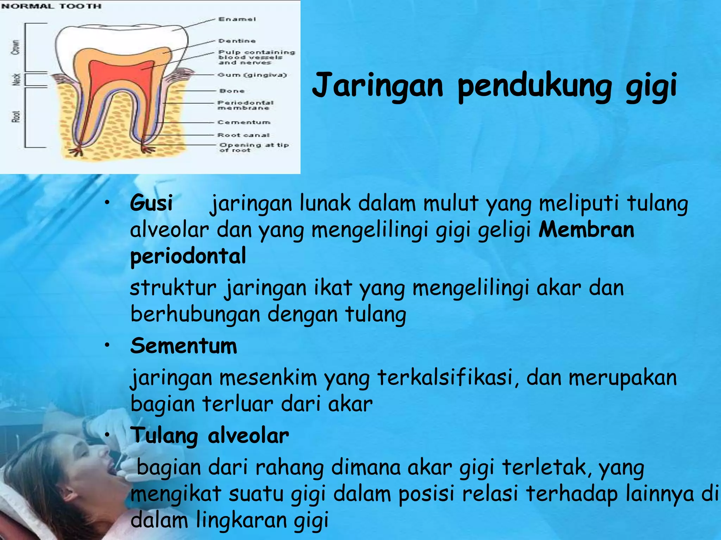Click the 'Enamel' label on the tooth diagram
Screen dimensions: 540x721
point(237,19)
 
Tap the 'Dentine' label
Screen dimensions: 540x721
point(237,41)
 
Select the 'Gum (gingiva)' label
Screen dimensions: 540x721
point(252,75)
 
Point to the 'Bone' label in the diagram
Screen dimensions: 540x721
point(232,91)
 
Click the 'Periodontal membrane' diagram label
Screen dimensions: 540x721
point(245,105)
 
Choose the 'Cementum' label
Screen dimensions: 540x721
point(244,122)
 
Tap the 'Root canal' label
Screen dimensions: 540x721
point(244,135)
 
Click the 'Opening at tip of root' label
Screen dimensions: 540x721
point(253,147)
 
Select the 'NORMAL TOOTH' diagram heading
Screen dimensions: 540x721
point(51,6)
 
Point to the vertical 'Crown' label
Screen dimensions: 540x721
point(16,47)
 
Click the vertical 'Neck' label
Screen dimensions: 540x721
point(16,79)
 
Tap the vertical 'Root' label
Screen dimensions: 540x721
point(16,116)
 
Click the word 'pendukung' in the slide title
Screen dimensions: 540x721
point(534,86)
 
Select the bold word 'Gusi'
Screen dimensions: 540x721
point(151,203)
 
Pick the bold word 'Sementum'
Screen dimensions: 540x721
point(183,346)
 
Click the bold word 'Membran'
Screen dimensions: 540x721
point(586,230)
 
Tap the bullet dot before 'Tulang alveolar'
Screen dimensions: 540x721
point(107,435)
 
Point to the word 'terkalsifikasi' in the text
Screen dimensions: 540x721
point(444,378)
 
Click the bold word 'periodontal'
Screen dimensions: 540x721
point(188,256)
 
